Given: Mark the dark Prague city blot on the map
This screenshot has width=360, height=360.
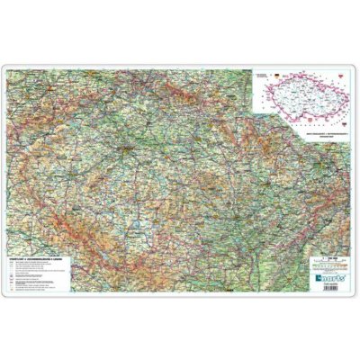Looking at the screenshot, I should click(x=131, y=144).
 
